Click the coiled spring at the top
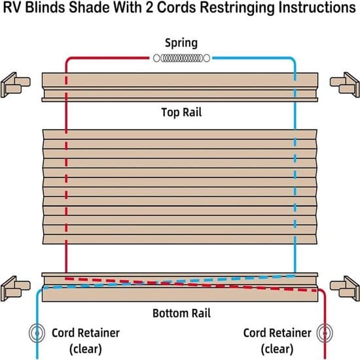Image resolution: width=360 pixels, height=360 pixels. tap(181, 58)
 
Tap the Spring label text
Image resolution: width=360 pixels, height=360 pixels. tap(181, 43)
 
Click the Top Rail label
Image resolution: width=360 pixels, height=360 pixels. tap(181, 113)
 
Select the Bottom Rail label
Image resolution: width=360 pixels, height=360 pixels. tap(181, 313)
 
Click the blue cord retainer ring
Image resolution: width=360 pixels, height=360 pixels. tap(37, 333)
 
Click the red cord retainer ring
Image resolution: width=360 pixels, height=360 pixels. tap(325, 333)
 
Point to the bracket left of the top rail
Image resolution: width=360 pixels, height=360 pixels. tap(16, 84)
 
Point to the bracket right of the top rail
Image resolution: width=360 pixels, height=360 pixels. tap(345, 84)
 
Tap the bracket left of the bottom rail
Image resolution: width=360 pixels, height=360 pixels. tap(16, 289)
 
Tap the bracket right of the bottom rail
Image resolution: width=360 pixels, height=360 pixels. tap(345, 289)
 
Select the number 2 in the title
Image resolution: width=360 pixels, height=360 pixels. tap(149, 7)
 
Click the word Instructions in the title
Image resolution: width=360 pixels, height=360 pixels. tap(317, 7)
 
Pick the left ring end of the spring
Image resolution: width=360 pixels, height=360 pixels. tap(156, 58)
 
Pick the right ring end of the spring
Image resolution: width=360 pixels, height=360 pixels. tap(207, 58)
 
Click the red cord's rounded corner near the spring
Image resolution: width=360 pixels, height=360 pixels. tap(68, 60)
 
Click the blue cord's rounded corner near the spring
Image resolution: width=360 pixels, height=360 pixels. tap(293, 60)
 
